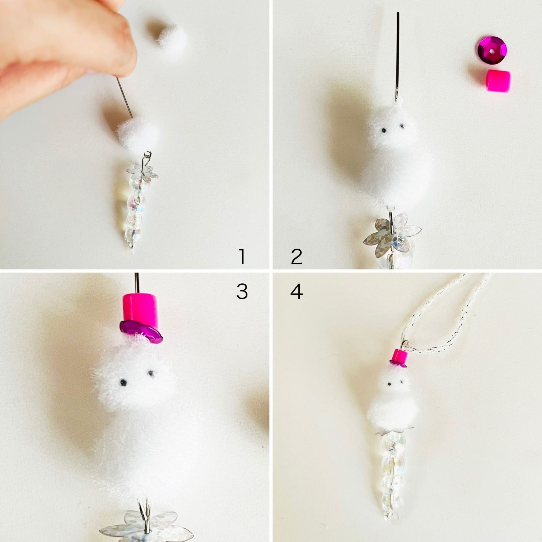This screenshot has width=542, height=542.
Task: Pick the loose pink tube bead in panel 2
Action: [x=497, y=81]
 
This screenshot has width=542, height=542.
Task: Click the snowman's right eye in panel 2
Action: [x=402, y=127]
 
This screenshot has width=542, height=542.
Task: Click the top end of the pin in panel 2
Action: [x=398, y=13]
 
